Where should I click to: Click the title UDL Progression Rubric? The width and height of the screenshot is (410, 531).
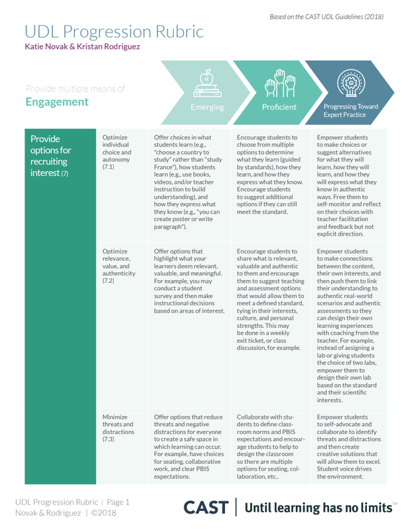click(113, 31)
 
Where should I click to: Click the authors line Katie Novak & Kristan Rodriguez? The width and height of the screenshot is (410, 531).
click(83, 47)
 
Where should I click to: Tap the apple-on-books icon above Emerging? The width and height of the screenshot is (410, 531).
click(207, 83)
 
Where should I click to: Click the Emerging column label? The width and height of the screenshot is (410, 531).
click(207, 107)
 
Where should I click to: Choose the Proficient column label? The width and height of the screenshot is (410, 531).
click(279, 107)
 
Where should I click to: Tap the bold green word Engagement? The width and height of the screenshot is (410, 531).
click(57, 102)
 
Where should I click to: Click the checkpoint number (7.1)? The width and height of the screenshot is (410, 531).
click(109, 167)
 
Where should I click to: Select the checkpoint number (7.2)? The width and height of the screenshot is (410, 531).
click(109, 281)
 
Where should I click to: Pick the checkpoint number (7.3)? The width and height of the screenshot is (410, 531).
click(109, 439)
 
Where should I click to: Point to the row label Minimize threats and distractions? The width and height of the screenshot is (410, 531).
click(119, 424)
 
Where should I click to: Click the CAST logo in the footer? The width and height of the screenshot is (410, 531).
click(206, 507)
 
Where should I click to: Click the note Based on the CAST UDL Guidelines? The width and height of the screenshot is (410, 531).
click(326, 16)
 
